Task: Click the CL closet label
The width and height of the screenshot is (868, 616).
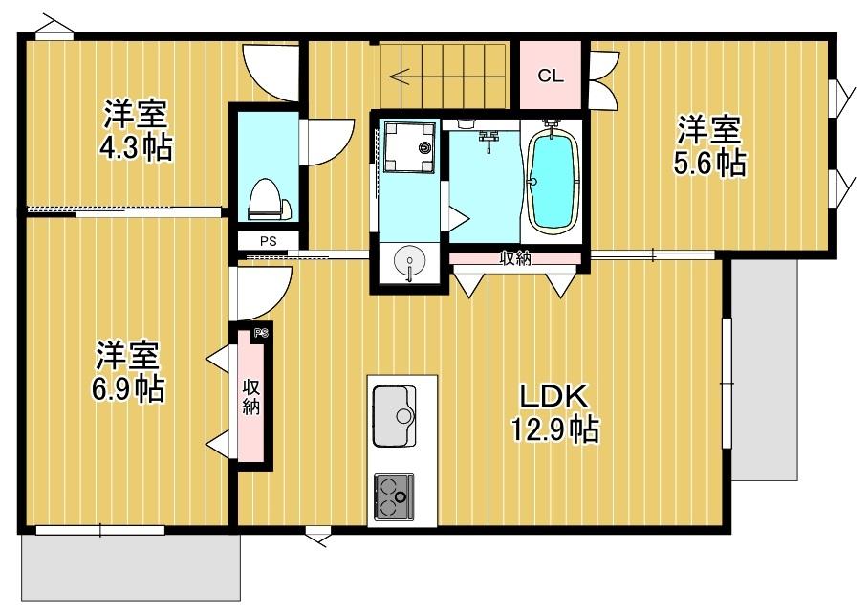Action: pos(551,77)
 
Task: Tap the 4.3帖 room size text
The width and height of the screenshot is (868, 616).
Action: pos(138,149)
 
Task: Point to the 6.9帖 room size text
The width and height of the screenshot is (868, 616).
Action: pos(128,388)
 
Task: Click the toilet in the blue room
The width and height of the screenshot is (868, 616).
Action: pos(268,199)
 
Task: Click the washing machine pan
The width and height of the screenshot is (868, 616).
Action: pos(408,148)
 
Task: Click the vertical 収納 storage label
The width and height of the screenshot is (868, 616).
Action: pos(251,397)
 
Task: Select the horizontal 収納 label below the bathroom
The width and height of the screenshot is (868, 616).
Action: pos(515,257)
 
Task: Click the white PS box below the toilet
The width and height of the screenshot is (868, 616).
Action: pos(268,241)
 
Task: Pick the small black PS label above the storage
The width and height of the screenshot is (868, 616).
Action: pos(261,334)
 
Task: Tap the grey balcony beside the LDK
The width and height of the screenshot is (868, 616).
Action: pos(764,368)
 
